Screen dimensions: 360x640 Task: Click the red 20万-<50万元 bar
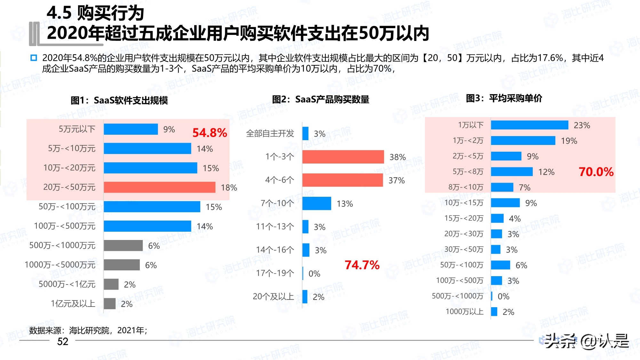click(159, 187)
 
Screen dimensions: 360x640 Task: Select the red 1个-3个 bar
click(343, 157)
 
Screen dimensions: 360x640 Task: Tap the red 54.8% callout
click(210, 133)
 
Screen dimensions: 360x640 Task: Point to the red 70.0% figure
click(596, 172)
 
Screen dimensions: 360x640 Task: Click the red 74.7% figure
click(362, 265)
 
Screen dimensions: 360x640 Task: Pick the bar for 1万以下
click(529, 125)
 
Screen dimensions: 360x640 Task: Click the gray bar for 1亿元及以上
click(109, 304)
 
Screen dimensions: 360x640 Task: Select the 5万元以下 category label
click(77, 129)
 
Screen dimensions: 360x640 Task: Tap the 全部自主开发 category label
click(270, 133)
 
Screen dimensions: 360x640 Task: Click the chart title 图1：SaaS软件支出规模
click(119, 100)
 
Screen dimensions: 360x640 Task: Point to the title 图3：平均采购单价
click(504, 98)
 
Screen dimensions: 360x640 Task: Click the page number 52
click(63, 341)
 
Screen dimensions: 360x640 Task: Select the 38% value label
click(397, 157)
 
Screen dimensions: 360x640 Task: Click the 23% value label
click(582, 125)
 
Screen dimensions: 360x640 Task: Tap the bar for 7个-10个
click(316, 204)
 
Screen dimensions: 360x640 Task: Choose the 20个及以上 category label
click(273, 297)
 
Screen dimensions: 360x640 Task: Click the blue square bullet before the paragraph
click(34, 58)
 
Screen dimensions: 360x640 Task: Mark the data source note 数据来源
click(88, 330)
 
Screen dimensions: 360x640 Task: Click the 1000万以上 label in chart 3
click(464, 312)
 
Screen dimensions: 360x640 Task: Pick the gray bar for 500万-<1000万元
click(123, 245)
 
